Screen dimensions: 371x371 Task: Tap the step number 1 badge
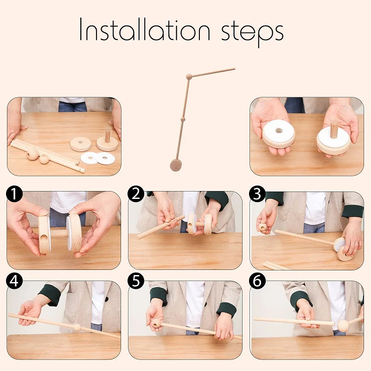point(15,194)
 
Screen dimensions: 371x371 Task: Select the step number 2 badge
point(136,194)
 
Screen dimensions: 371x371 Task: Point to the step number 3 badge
point(257,194)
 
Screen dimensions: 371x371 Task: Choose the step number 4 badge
point(15,281)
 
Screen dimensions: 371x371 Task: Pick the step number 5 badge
point(136,281)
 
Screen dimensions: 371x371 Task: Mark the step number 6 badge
point(257,281)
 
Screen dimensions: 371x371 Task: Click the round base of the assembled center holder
point(175,165)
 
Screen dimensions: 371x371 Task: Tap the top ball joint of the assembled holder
point(189,77)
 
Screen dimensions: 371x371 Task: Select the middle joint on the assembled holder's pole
point(183,120)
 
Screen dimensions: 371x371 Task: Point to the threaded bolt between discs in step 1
point(59,233)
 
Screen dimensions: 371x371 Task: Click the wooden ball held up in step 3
point(263,227)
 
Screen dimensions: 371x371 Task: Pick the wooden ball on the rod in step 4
point(77,327)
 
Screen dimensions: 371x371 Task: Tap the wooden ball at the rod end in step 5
point(157,323)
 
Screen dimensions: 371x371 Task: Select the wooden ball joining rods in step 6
point(343,325)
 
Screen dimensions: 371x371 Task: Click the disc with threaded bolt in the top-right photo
point(333,139)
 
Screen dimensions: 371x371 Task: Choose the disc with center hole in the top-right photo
point(279,134)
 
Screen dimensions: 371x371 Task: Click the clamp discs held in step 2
point(198,224)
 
